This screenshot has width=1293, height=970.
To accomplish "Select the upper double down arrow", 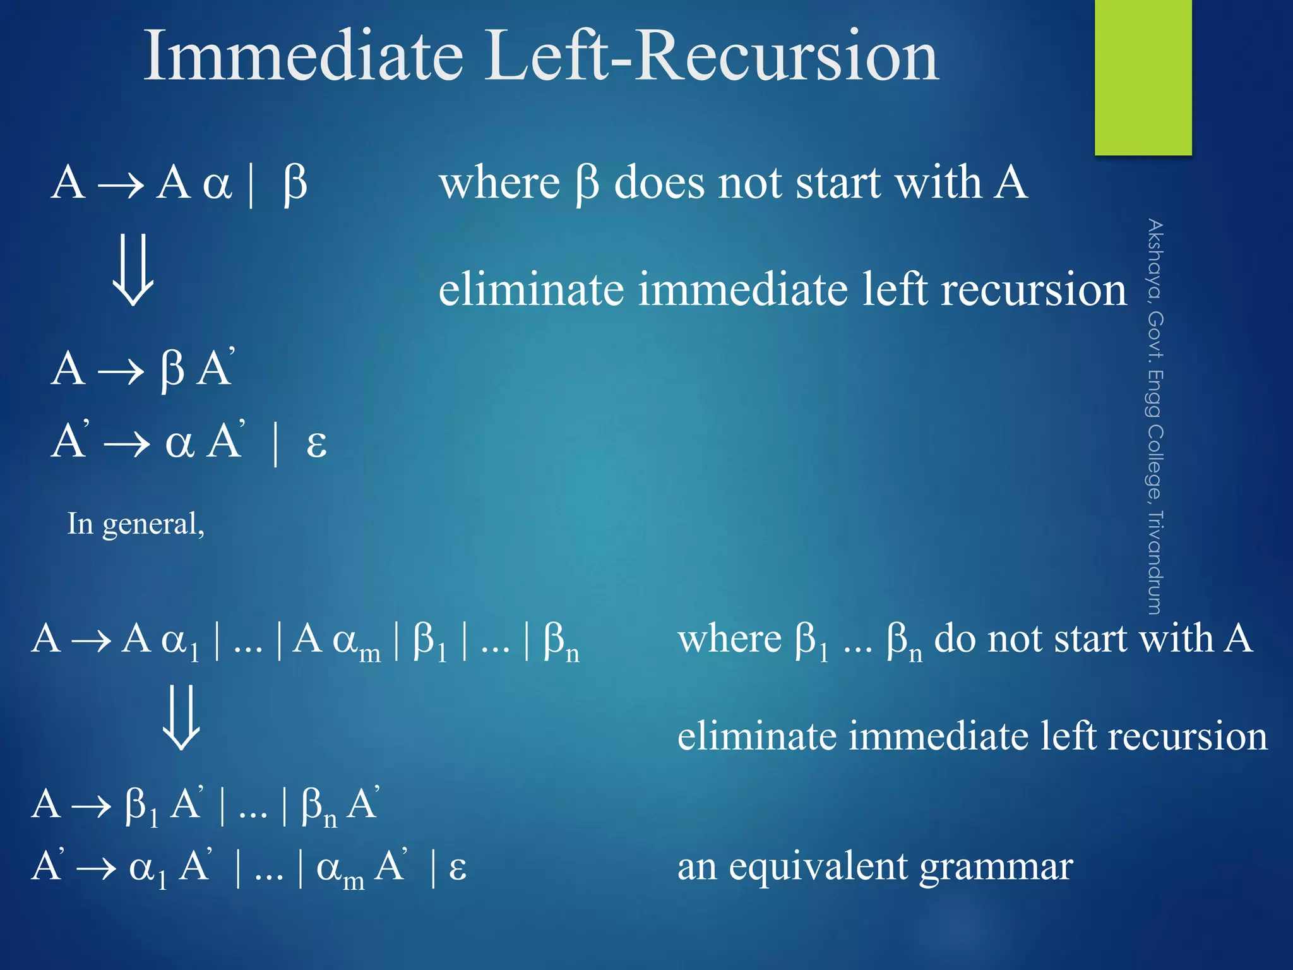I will [133, 270].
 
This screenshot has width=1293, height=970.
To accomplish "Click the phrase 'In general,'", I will [136, 524].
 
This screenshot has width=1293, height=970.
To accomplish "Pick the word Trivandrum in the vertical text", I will [1155, 562].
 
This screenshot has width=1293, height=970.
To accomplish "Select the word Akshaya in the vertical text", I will [1155, 258].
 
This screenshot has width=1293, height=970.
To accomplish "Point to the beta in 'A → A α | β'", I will [295, 184].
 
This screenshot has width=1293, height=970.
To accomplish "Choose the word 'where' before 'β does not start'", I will [499, 183].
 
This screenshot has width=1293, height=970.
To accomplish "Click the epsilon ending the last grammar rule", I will [458, 868].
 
